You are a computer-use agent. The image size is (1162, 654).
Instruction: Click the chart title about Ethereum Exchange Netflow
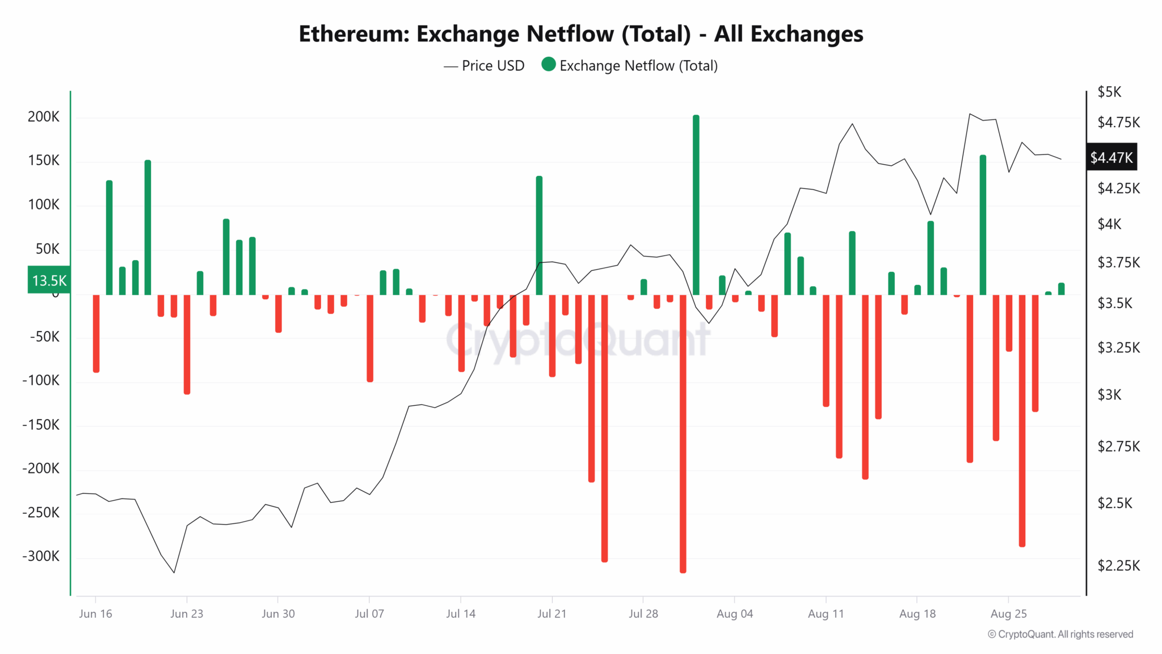580,34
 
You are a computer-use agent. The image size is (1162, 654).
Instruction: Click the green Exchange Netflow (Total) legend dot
548,64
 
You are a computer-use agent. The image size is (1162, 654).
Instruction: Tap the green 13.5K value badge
49,280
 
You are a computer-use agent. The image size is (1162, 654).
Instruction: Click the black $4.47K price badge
1112,157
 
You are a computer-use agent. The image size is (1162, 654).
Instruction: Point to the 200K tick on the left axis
44,117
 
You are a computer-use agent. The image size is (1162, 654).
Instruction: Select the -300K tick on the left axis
41,556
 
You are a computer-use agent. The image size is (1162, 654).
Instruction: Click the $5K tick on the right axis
1109,92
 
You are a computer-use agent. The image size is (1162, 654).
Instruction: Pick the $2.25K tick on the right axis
1118,565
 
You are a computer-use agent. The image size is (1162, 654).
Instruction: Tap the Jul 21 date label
551,614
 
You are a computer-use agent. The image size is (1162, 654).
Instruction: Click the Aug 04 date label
734,614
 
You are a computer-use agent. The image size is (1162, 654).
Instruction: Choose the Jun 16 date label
95,614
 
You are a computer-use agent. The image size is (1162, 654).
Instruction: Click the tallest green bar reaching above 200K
696,204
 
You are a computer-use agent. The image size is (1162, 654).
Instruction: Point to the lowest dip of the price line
174,572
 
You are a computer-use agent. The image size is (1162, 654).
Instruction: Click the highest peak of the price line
970,114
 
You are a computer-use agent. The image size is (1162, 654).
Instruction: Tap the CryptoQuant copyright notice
1060,634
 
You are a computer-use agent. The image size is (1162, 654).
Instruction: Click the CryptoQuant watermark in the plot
578,340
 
